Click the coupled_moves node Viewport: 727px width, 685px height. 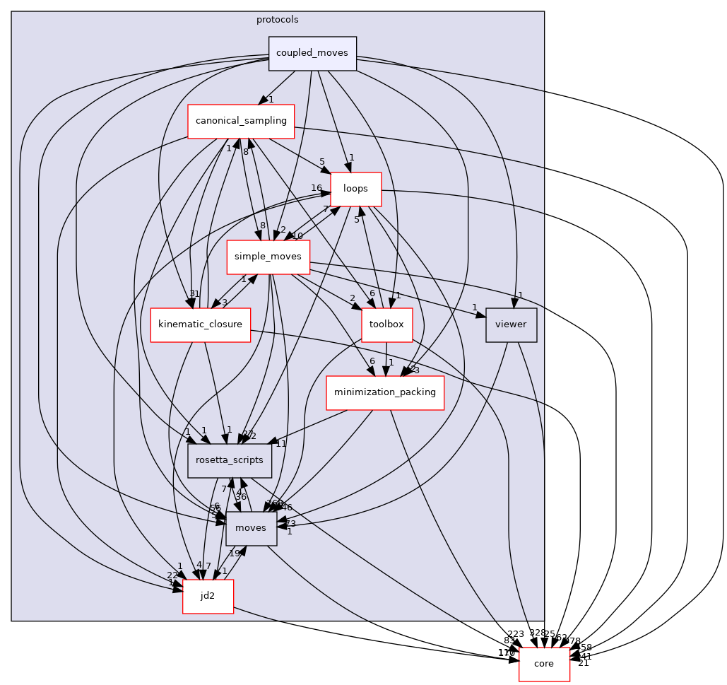pyautogui.click(x=312, y=54)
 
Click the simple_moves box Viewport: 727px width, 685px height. pyautogui.click(x=268, y=257)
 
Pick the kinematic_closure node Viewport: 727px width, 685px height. pyautogui.click(x=200, y=324)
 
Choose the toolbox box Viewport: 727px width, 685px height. pyautogui.click(x=386, y=324)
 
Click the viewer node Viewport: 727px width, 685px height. pyautogui.click(x=512, y=324)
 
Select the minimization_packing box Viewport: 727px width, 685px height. pyautogui.click(x=384, y=392)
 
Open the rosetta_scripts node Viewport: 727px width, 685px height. pyautogui.click(x=230, y=460)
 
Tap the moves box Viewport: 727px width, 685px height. pyautogui.click(x=251, y=528)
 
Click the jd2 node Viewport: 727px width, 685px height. pyautogui.click(x=208, y=596)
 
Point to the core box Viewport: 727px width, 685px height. pyautogui.click(x=544, y=664)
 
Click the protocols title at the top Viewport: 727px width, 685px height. pyautogui.click(x=277, y=19)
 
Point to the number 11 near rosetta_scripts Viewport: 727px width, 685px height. pyautogui.click(x=280, y=444)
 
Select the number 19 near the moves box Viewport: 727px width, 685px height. pyautogui.click(x=235, y=554)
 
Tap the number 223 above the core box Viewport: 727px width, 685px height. pyautogui.click(x=516, y=634)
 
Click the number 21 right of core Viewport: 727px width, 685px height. pyautogui.click(x=584, y=662)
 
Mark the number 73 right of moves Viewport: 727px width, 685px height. pyautogui.click(x=290, y=523)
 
